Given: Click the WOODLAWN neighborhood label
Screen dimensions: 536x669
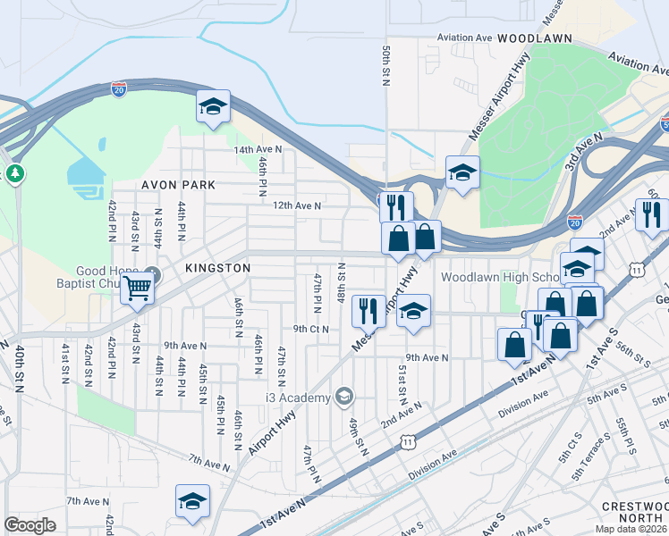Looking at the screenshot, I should click(535, 39).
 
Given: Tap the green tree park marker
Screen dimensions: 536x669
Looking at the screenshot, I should click(14, 172).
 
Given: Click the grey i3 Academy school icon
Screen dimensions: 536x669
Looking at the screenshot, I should click(344, 396).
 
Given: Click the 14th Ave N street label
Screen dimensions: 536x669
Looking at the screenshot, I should click(258, 149).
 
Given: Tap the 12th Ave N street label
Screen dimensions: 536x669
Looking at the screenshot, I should click(297, 205).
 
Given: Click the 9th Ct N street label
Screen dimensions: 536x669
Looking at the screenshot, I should click(311, 329).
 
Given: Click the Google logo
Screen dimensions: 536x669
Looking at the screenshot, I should click(30, 525).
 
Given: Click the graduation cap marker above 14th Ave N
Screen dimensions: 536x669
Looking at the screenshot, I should click(214, 108).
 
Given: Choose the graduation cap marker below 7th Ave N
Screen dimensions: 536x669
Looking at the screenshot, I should click(192, 502).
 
